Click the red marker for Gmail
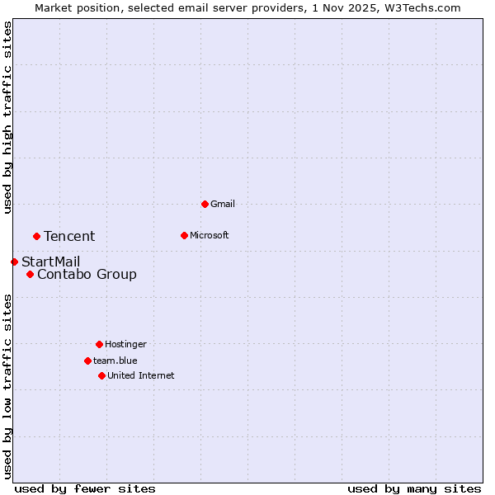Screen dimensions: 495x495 205,204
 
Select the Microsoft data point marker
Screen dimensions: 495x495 184,235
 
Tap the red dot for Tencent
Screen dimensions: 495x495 36,236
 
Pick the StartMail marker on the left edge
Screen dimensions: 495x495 14,262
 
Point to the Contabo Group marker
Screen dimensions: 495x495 30,274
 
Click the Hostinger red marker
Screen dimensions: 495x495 99,344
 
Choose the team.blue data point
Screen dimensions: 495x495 87,361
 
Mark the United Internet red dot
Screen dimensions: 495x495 101,375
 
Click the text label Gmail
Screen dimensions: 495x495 223,204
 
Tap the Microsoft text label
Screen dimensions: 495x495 210,235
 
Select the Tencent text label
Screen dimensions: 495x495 69,236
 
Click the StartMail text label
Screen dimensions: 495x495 50,262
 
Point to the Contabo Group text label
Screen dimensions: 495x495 87,274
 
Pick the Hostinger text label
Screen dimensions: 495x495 125,344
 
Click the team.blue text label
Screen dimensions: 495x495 115,361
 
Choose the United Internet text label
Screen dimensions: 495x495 141,375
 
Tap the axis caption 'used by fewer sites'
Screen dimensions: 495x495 85,488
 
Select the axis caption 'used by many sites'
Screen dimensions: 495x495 414,488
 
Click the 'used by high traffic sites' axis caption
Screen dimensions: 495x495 7,117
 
